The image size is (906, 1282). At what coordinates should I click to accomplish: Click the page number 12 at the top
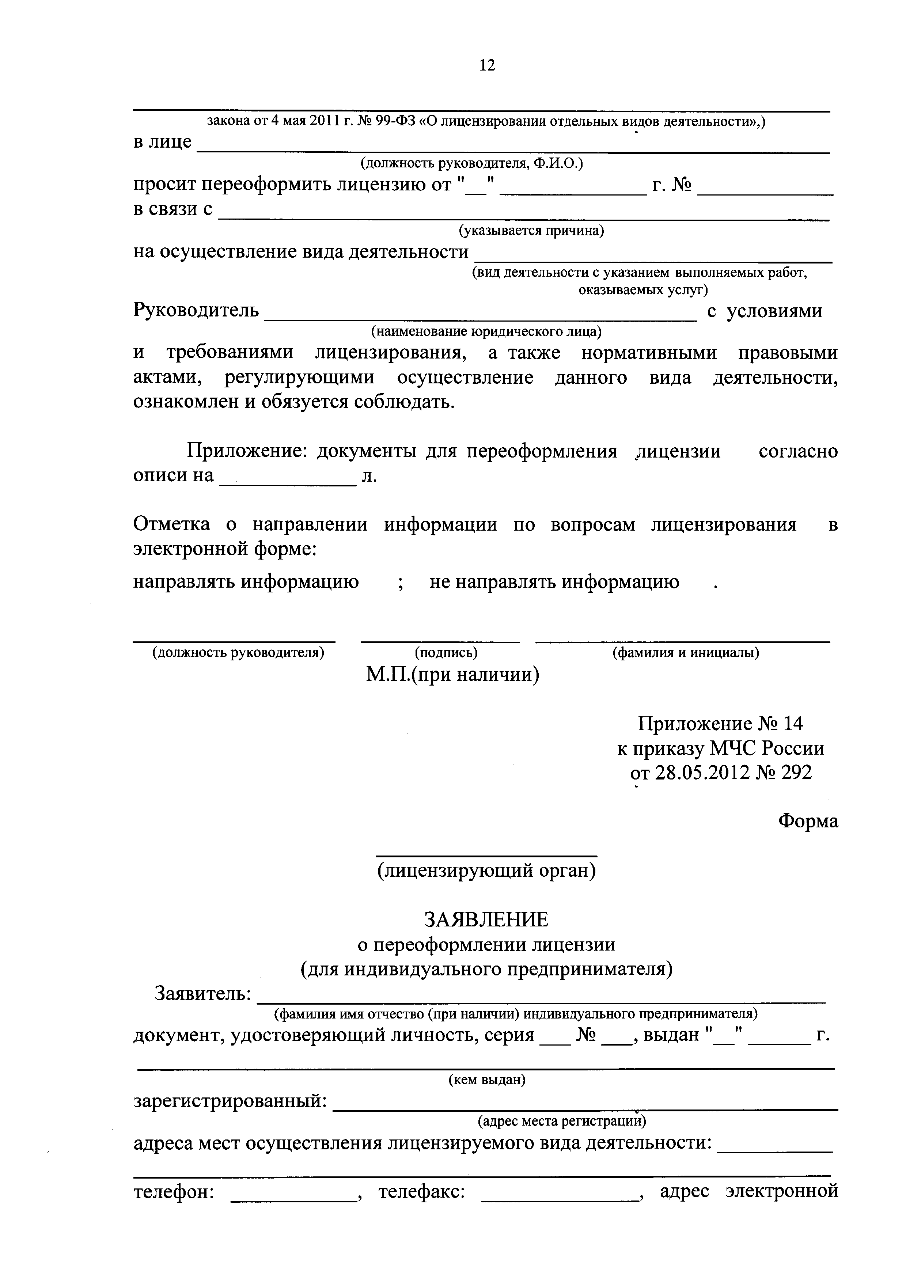(487, 66)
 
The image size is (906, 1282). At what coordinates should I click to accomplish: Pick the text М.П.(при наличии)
(453, 675)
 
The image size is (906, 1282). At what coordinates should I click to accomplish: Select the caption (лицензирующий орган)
(486, 871)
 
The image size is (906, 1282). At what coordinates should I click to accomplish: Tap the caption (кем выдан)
(487, 1080)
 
